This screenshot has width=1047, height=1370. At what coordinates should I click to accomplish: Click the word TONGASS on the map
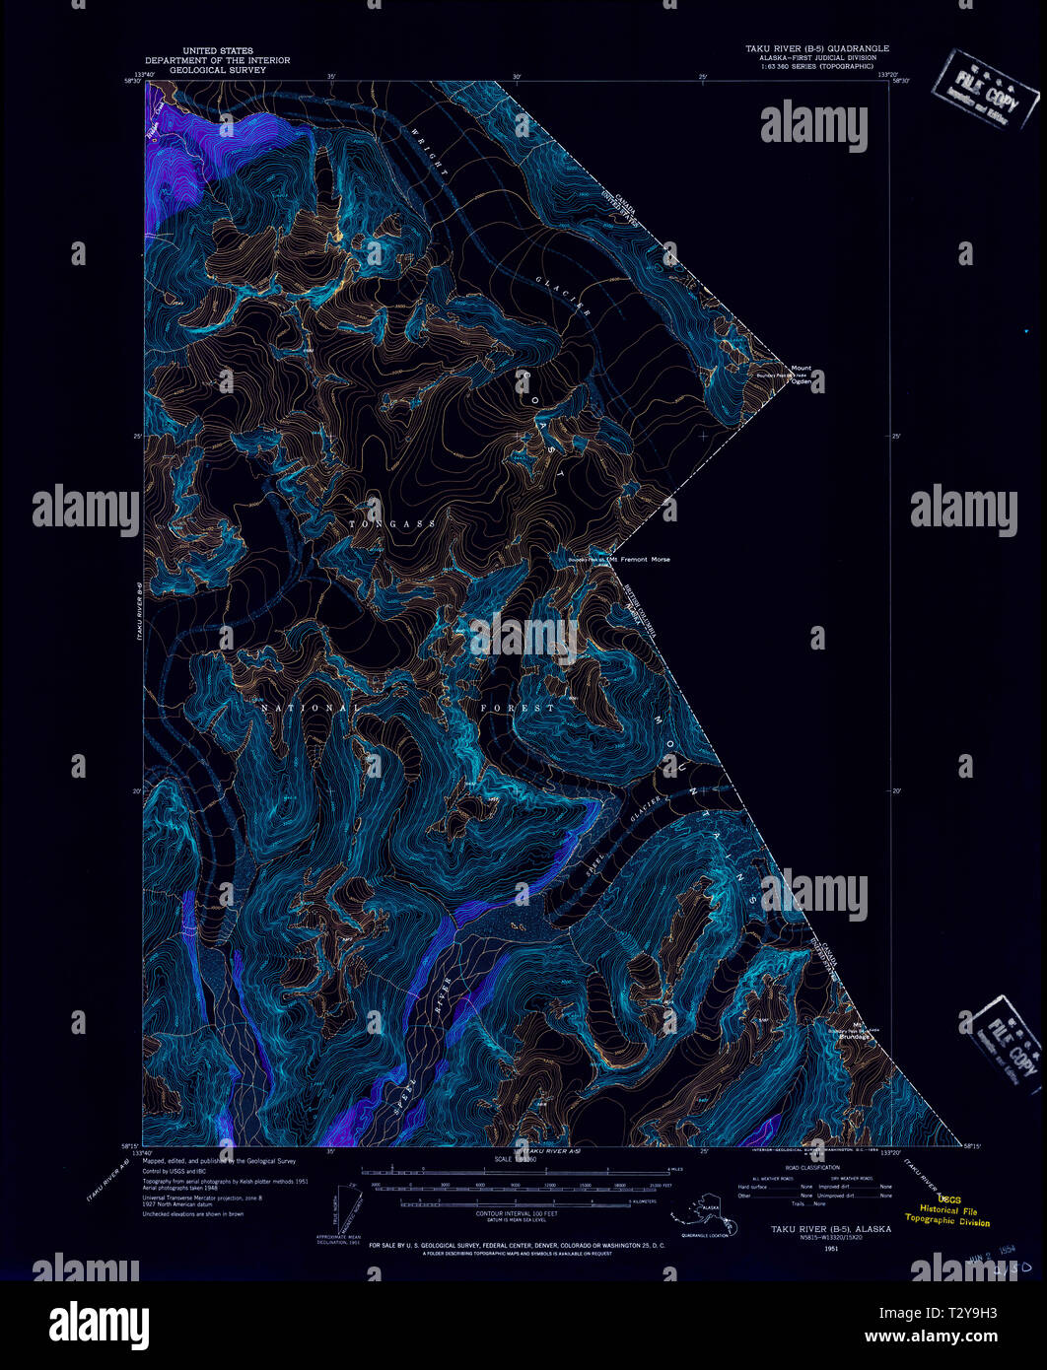[391, 523]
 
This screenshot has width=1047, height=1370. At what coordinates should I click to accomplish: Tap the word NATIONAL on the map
[310, 708]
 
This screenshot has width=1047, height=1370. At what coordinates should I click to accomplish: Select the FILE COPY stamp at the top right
[986, 90]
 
